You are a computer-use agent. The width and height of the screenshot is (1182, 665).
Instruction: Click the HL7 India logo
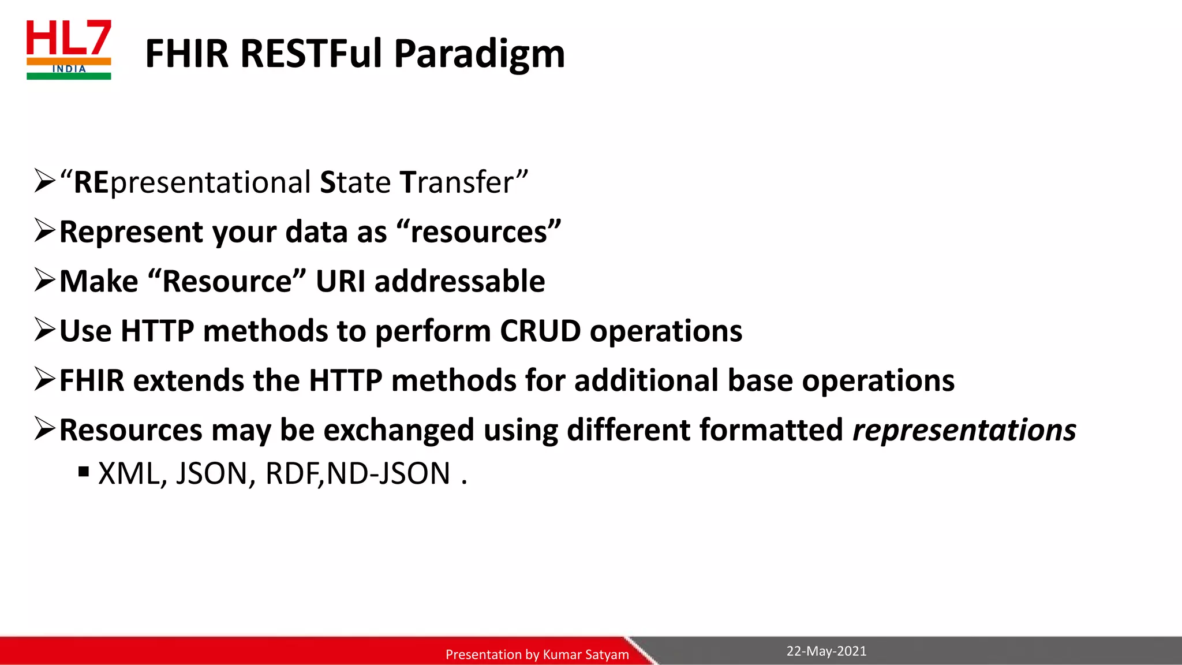pos(69,50)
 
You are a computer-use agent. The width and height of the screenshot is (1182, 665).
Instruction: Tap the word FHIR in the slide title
pos(186,54)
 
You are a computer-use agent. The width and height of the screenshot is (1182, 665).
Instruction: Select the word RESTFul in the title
pos(311,54)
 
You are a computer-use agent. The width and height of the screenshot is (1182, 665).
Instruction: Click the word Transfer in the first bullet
pos(463,182)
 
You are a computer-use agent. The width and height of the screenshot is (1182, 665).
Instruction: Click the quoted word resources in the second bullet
pos(478,232)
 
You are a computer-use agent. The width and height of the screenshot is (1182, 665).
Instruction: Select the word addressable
pos(459,282)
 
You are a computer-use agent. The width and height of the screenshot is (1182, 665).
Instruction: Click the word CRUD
pos(540,331)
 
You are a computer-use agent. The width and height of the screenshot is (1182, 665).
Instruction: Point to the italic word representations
pos(964,431)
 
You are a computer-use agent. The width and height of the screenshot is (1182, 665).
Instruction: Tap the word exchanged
pos(398,431)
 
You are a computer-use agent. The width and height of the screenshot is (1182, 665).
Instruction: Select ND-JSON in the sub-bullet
pos(388,474)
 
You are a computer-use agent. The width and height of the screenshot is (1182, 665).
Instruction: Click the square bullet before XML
pos(84,472)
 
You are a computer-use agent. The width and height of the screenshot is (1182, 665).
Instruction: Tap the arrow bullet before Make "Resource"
pos(44,281)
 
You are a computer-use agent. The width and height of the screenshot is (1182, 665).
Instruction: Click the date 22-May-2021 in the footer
pos(826,651)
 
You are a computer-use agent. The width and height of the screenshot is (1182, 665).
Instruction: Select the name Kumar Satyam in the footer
pos(586,655)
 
